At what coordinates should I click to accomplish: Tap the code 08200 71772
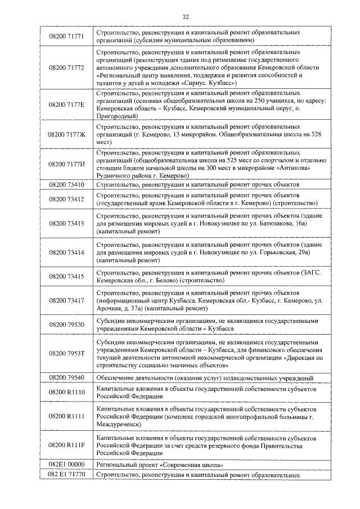(x=66, y=67)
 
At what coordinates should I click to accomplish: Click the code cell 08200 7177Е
(x=66, y=105)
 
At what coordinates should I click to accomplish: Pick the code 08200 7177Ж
(x=66, y=134)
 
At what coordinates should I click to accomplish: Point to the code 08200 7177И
(x=66, y=164)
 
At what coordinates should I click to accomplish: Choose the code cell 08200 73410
(x=66, y=184)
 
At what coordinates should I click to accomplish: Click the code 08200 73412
(x=66, y=199)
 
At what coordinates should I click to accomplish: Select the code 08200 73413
(x=66, y=224)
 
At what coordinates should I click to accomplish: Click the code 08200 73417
(x=66, y=301)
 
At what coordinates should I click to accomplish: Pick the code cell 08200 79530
(x=66, y=325)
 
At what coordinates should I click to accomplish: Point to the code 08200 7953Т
(x=66, y=353)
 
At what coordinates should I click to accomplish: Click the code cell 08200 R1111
(x=66, y=416)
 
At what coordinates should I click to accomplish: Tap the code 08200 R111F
(x=66, y=445)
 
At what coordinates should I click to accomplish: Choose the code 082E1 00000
(x=66, y=465)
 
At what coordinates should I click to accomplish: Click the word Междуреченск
(x=122, y=425)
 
